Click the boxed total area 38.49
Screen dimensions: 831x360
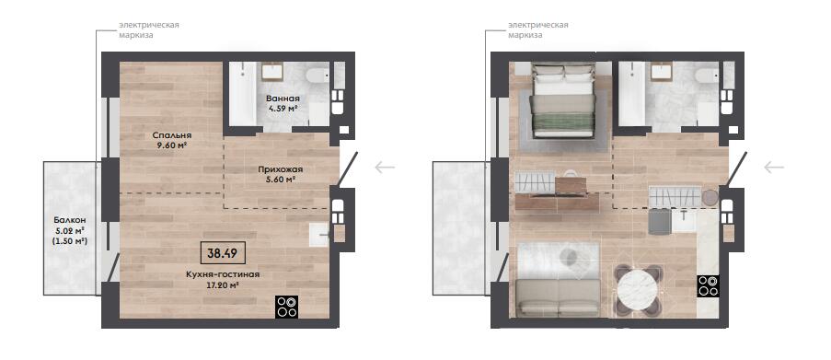click(x=223, y=253)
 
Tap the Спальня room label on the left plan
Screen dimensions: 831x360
click(x=170, y=134)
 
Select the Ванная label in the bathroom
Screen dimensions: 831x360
click(x=283, y=99)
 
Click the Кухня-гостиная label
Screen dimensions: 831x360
click(x=223, y=274)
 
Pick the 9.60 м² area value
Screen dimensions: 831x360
click(x=171, y=145)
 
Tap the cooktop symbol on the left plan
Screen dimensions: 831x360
click(x=287, y=307)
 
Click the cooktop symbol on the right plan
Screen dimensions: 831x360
click(x=708, y=286)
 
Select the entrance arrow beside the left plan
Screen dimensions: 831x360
click(x=385, y=168)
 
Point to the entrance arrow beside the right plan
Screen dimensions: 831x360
click(x=774, y=168)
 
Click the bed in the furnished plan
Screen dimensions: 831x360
click(x=563, y=100)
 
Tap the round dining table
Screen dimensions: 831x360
click(x=638, y=292)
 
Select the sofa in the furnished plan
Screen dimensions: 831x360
click(x=558, y=298)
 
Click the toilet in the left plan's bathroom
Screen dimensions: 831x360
click(x=317, y=75)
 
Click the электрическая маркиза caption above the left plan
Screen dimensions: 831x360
click(x=148, y=30)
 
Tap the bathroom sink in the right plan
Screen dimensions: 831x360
click(x=662, y=71)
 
